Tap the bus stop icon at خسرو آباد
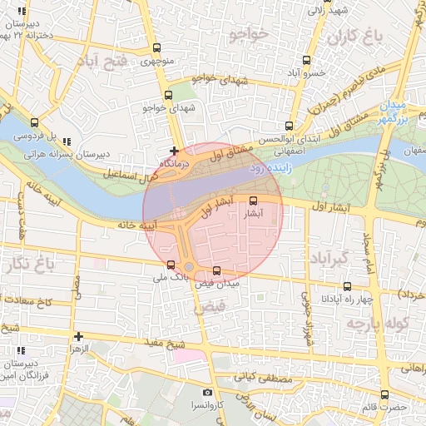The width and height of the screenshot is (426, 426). tap(305, 61)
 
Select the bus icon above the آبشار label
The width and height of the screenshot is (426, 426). tap(254, 201)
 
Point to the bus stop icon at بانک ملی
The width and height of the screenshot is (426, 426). tap(171, 265)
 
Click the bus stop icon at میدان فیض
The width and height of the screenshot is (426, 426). tap(217, 270)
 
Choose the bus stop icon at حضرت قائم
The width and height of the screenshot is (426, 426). tap(384, 395)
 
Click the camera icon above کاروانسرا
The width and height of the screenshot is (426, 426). tap(207, 392)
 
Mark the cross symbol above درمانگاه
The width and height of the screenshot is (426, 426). tap(174, 151)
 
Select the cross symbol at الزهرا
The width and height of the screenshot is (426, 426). tap(78, 337)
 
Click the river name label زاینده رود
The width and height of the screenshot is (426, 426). tap(269, 169)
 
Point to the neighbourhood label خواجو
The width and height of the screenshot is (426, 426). tap(248, 34)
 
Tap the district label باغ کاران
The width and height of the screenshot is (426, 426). tap(353, 37)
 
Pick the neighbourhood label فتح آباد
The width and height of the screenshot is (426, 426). tap(102, 61)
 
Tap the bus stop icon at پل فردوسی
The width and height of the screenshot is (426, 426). tap(34, 122)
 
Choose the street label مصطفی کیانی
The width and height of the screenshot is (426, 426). tap(260, 378)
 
